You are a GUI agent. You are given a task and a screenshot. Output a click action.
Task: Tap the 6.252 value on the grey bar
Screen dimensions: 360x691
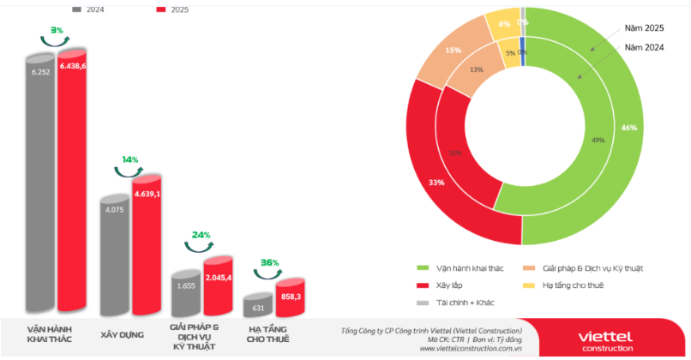pos(40,73)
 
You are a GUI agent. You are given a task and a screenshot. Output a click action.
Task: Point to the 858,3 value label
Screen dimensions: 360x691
pos(291,297)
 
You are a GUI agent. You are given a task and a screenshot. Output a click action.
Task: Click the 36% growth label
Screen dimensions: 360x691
pos(269,262)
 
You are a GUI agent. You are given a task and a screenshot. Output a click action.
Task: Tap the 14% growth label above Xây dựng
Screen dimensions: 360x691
pos(129,159)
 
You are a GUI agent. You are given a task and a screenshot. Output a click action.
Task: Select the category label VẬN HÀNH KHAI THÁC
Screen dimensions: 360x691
pos(49,334)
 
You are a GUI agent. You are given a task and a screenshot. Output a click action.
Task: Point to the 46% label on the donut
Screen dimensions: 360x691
pos(629,128)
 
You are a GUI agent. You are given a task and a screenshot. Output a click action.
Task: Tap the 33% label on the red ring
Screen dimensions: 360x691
pos(436,182)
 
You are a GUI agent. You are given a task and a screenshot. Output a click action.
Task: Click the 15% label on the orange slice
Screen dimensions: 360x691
pos(453,51)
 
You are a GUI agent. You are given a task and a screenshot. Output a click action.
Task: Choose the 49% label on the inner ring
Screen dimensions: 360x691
pos(598,139)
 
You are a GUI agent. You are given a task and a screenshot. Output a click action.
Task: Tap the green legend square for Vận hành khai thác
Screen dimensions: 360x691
pos(421,268)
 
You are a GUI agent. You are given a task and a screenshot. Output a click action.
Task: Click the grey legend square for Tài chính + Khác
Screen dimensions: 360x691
pos(421,303)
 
